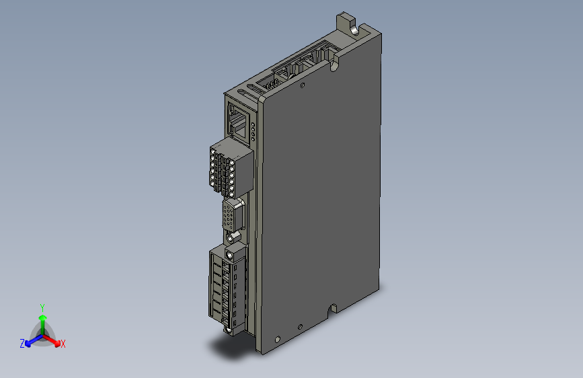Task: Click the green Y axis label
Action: [x=42, y=307]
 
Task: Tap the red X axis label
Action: [x=63, y=344]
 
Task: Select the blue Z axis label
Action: [x=22, y=344]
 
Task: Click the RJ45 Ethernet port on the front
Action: [x=238, y=121]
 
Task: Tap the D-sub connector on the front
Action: [x=230, y=217]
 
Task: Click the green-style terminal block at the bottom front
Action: [x=227, y=289]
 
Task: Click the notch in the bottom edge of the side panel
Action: [x=332, y=308]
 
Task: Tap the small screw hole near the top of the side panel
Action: [x=303, y=85]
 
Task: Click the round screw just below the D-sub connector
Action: [x=233, y=237]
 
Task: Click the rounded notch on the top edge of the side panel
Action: [x=334, y=65]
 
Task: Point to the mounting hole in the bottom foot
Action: [x=275, y=339]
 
